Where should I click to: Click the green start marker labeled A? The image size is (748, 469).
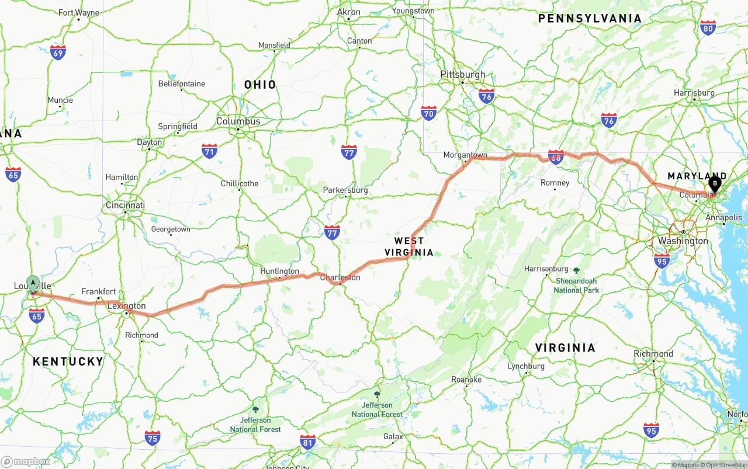33,283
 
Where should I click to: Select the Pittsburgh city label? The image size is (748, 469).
463,75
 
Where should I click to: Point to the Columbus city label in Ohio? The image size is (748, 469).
238,121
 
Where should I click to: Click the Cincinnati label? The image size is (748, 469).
125,205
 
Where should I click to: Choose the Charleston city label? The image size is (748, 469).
340,277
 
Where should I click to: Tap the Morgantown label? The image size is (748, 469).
465,155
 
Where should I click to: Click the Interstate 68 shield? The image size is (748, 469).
556,157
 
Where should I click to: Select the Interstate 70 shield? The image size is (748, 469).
428,113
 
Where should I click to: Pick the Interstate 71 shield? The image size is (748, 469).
209,151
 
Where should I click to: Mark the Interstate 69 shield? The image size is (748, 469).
58,53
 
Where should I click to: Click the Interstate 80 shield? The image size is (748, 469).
708,27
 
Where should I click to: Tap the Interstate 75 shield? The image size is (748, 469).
153,437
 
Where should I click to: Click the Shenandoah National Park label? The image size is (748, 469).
577,285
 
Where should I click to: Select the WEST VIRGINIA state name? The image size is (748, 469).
409,246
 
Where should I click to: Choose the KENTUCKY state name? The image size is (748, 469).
68,362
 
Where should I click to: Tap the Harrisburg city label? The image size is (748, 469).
694,93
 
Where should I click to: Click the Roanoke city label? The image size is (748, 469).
466,380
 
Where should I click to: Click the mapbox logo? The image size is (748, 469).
26,461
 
